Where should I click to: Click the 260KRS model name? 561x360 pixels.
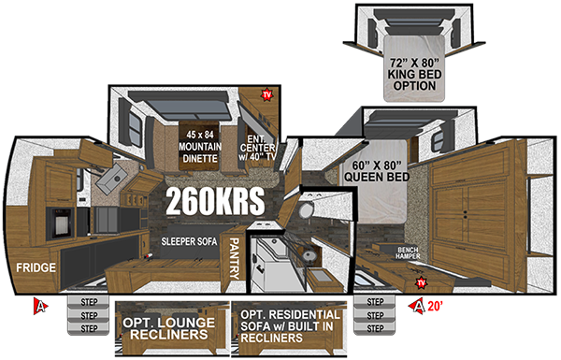[x=216, y=199]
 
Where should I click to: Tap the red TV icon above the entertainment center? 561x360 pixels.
[x=267, y=94]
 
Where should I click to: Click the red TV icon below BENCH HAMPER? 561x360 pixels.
[x=421, y=281]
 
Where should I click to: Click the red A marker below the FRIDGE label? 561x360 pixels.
[x=40, y=305]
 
